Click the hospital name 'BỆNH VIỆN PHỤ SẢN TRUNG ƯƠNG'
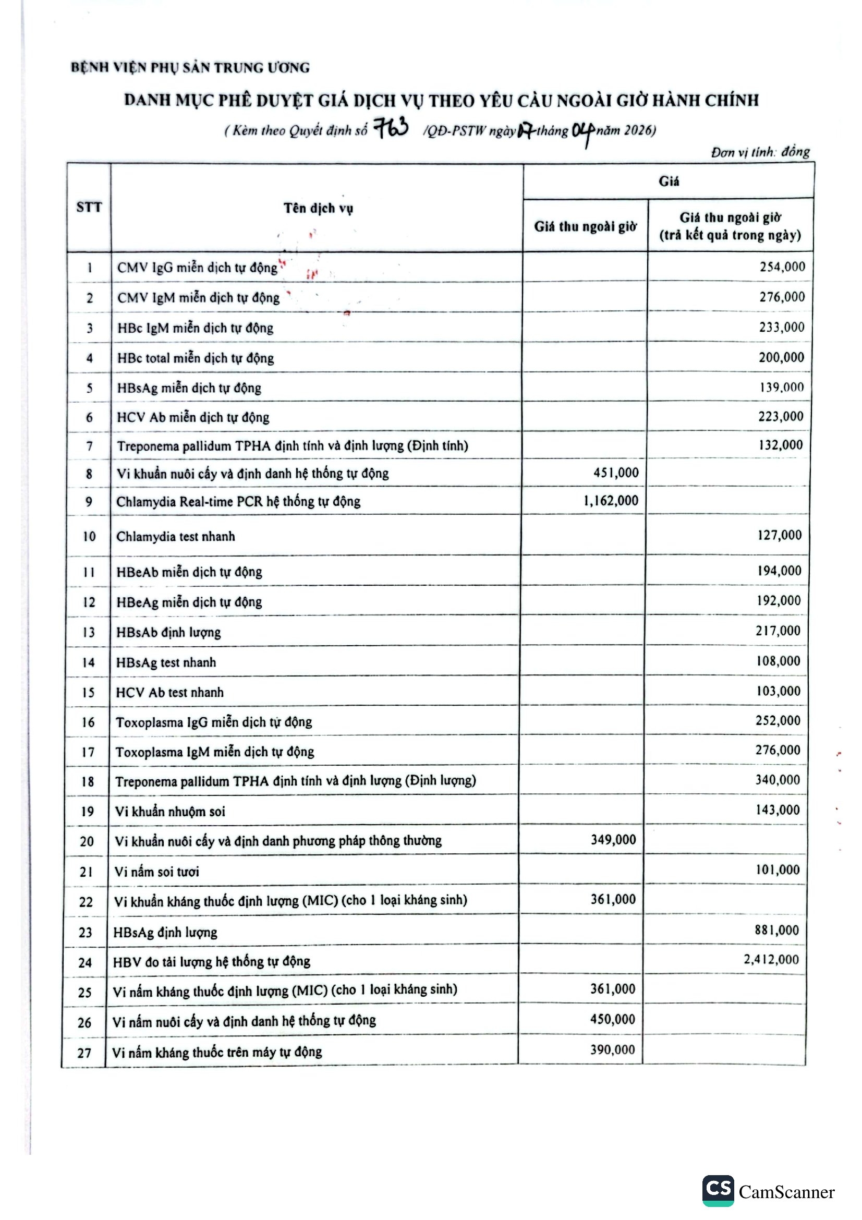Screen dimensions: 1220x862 click(x=190, y=67)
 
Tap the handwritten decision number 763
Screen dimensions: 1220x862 click(x=392, y=128)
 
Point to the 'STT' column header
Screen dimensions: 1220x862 click(x=89, y=207)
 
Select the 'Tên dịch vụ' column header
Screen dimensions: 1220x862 click(x=318, y=208)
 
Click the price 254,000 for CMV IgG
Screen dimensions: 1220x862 click(x=782, y=267)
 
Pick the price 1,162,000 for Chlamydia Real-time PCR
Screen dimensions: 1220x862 click(x=611, y=501)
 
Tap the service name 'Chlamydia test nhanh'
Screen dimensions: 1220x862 click(x=175, y=536)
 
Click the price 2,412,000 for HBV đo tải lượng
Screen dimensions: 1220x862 click(x=771, y=959)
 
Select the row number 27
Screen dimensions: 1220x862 click(x=84, y=1053)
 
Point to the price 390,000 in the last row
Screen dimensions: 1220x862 click(x=612, y=1049)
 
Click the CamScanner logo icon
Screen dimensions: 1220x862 click(x=718, y=1191)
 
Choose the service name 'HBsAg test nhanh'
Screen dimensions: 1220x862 click(x=166, y=662)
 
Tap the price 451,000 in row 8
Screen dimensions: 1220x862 click(x=616, y=473)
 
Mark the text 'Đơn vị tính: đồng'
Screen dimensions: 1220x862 click(x=760, y=152)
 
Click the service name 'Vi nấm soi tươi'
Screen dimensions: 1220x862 click(x=156, y=872)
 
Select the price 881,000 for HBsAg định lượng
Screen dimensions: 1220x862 click(x=776, y=930)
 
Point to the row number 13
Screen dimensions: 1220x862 click(x=88, y=632)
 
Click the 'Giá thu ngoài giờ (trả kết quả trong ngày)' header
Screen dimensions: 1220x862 click(x=730, y=226)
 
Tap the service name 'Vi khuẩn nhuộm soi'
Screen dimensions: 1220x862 click(x=170, y=812)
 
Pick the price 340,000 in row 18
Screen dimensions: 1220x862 click(x=778, y=779)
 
